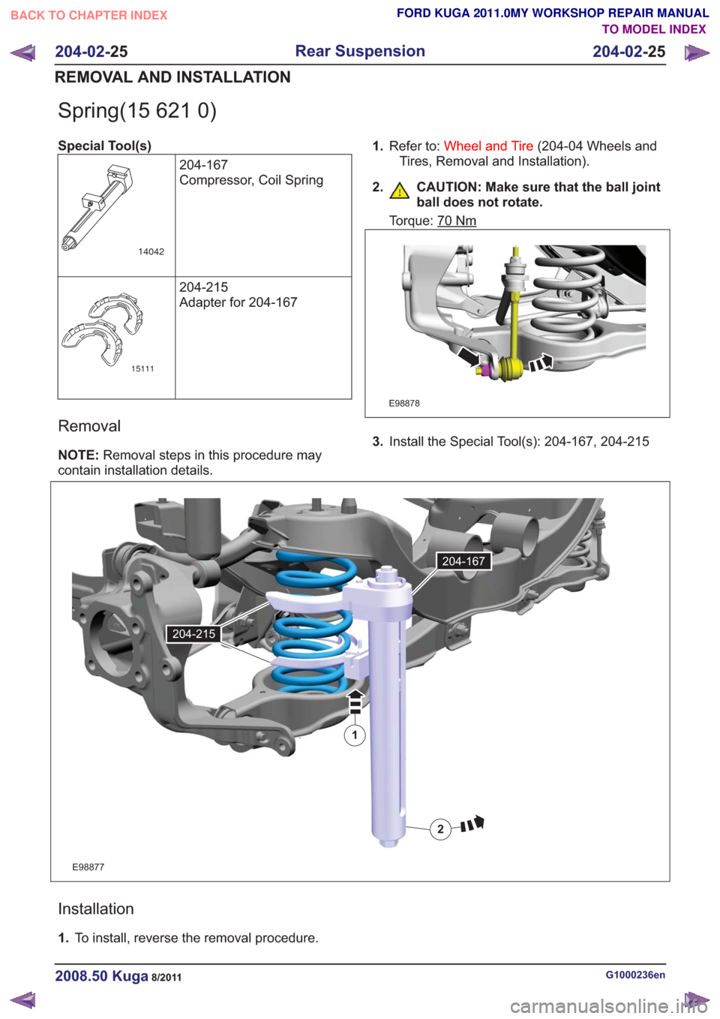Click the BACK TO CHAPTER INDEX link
89,16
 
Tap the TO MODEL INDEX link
654,29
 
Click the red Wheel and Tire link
488,146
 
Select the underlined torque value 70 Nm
456,221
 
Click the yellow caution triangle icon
400,191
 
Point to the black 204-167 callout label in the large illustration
463,561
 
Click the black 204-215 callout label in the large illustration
193,634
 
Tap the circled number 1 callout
355,735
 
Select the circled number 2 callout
440,829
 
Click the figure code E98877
88,867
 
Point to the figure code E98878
404,404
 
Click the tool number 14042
151,252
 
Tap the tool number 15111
142,369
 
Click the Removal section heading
89,426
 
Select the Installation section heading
96,909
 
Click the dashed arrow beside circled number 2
472,824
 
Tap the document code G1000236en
635,975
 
